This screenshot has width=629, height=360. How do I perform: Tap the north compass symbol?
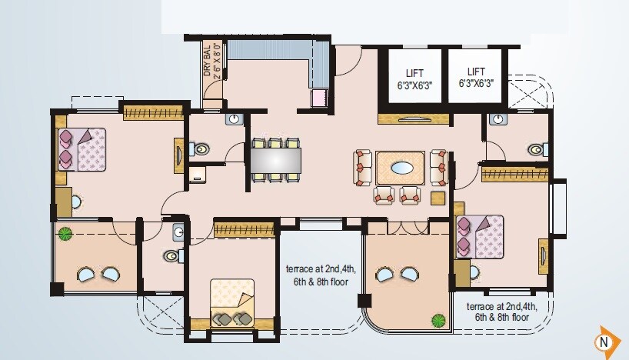pyautogui.click(x=606, y=340)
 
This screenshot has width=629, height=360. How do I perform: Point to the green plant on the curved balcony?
pyautogui.click(x=438, y=319)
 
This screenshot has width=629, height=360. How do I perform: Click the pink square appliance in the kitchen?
pyautogui.click(x=318, y=98)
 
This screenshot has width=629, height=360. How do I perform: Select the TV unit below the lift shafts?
pyautogui.click(x=413, y=119)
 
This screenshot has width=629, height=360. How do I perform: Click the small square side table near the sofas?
pyautogui.click(x=438, y=198)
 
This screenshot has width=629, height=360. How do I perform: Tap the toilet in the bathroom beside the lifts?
pyautogui.click(x=537, y=149)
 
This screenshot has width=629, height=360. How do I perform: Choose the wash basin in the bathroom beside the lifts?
pyautogui.click(x=498, y=119)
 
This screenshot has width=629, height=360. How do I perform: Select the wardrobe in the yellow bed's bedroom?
pyautogui.click(x=244, y=228)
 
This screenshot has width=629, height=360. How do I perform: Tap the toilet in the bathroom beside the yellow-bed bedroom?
pyautogui.click(x=171, y=257)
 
